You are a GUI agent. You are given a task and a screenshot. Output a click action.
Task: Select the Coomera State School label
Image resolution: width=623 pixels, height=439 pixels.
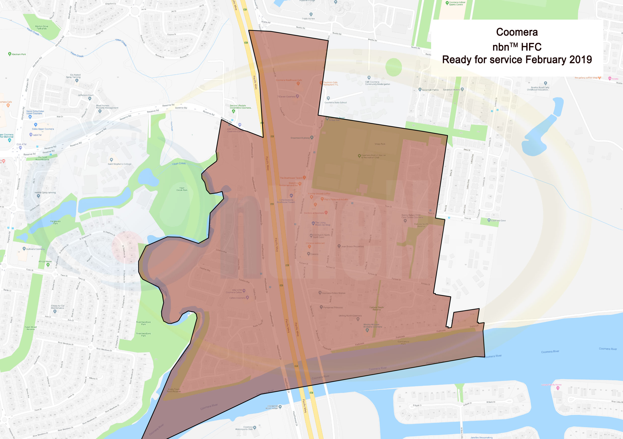pyautogui.click(x=335, y=102)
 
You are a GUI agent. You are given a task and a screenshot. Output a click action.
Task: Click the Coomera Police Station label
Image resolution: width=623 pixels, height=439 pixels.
pyautogui.click(x=333, y=293)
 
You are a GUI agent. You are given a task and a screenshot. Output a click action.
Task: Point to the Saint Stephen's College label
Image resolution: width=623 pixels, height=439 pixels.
pyautogui.click(x=119, y=164)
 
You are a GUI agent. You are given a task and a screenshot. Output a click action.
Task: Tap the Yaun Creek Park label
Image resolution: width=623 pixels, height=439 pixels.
pyautogui.click(x=182, y=189)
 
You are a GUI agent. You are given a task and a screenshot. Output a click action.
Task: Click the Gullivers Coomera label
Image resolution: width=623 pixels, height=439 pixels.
pyautogui.click(x=35, y=249)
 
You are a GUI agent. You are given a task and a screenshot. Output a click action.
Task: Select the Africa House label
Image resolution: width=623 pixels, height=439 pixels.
pyautogui.click(x=45, y=261)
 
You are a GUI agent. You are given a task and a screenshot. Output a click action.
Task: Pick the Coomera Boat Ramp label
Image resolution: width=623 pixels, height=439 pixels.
pyautogui.click(x=273, y=407)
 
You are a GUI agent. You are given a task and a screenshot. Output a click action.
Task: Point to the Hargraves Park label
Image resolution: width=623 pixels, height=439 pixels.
pyautogui.click(x=55, y=222)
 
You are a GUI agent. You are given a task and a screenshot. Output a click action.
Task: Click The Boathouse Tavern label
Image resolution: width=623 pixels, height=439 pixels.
pyautogui.click(x=291, y=178)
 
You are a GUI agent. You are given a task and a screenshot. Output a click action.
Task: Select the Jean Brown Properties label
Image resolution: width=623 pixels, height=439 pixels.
pyautogui.click(x=352, y=247)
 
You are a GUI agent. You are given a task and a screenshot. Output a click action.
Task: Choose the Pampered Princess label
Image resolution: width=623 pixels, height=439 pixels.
pyautogui.click(x=333, y=307)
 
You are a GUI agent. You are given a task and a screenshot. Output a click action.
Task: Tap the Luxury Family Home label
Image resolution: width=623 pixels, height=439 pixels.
pyautogui.click(x=551, y=385)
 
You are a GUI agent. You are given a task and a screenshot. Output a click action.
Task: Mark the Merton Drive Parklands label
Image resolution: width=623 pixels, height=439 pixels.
pyautogui.click(x=41, y=27)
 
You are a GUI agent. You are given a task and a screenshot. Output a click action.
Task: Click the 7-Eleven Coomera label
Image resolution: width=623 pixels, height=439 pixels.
pyautogui.click(x=286, y=97)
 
